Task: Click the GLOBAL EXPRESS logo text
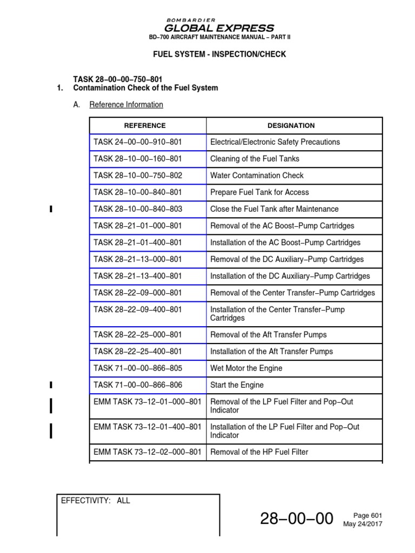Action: click(219, 28)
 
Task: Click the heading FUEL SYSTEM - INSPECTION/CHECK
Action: click(219, 55)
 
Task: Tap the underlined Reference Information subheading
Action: click(126, 105)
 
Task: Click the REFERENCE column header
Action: click(145, 125)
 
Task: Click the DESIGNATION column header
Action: click(291, 125)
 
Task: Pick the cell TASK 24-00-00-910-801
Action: click(138, 142)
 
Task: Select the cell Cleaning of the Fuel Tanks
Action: click(255, 159)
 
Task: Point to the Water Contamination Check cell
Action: click(257, 176)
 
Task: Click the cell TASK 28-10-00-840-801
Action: click(138, 192)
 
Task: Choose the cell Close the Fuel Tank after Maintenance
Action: click(274, 209)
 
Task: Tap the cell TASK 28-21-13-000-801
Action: click(138, 259)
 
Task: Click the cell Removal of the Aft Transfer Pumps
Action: click(268, 335)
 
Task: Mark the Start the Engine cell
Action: click(237, 385)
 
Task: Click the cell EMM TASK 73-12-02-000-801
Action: click(147, 452)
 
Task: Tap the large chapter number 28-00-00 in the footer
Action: click(296, 519)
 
